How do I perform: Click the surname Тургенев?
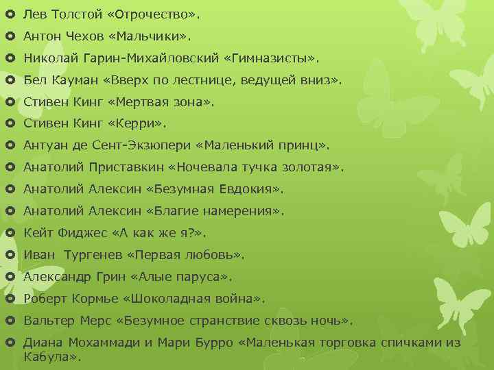pos(91,255)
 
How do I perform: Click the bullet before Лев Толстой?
pos(9,14)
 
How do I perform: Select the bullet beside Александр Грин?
pos(9,277)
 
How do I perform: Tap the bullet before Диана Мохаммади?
pos(9,343)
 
